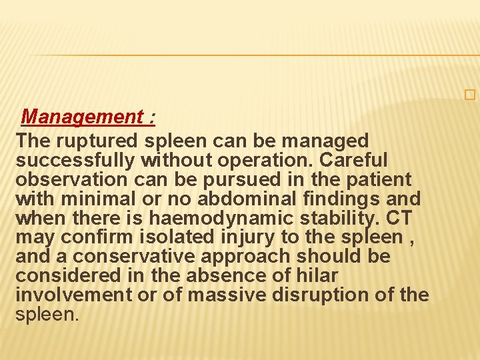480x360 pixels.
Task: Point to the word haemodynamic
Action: point(194,218)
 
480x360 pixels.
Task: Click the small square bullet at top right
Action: point(471,95)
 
